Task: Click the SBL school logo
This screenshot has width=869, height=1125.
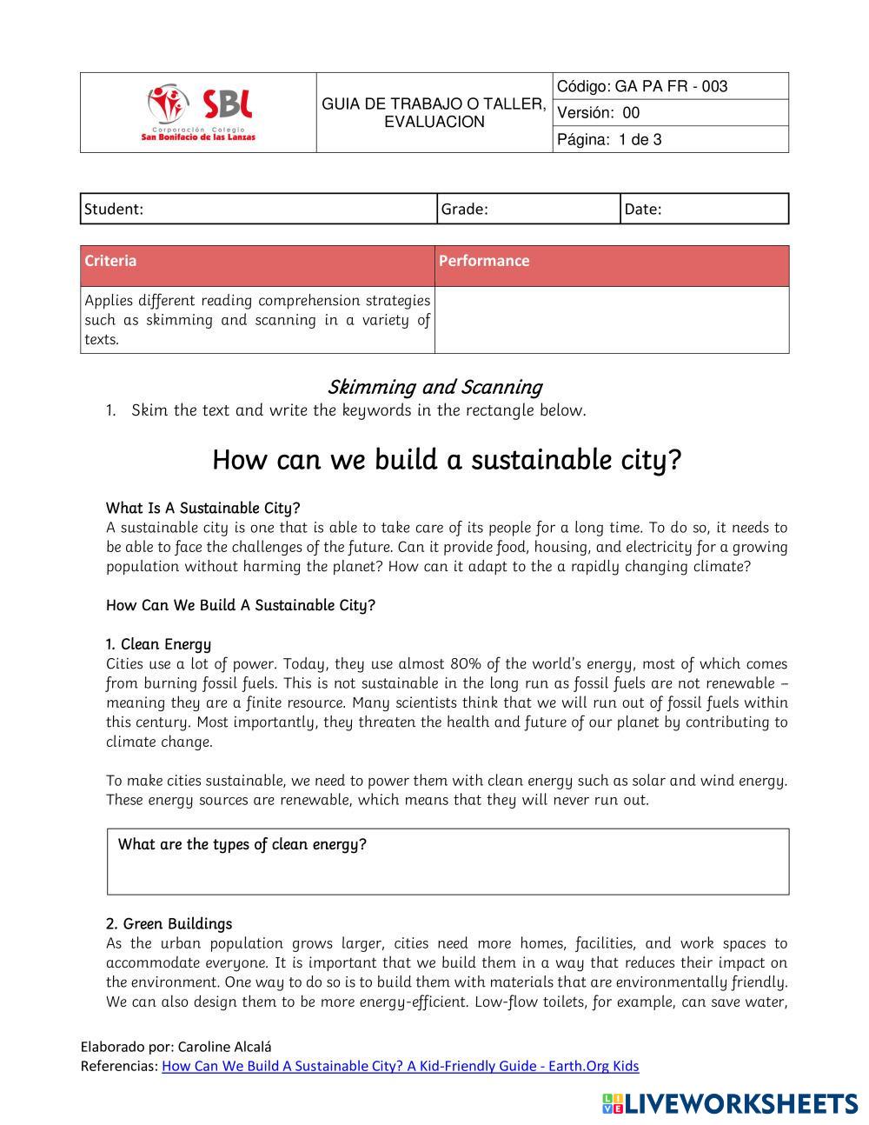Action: (199, 113)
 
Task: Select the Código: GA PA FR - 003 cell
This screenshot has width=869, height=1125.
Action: (670, 86)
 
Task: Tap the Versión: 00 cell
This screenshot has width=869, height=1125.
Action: (670, 113)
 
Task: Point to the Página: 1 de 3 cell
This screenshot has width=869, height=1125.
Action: (670, 139)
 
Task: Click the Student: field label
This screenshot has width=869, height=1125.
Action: (114, 209)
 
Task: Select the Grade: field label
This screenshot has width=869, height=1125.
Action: (465, 209)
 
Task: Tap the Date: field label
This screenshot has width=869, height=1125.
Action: (643, 209)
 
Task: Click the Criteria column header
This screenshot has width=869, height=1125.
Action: (110, 261)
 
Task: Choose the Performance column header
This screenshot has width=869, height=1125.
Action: (484, 261)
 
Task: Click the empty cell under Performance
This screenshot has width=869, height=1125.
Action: (611, 320)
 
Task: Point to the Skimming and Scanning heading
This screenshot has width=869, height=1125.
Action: (434, 387)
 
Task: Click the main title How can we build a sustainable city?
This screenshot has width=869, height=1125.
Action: (446, 459)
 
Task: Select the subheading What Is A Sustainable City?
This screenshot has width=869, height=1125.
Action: (202, 508)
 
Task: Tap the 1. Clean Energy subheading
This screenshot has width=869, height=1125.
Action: (158, 644)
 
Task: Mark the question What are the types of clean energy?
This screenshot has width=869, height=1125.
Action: (242, 844)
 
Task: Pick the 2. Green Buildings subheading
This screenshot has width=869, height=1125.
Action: (169, 923)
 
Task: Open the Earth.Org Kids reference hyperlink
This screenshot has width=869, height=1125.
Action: (400, 1066)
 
